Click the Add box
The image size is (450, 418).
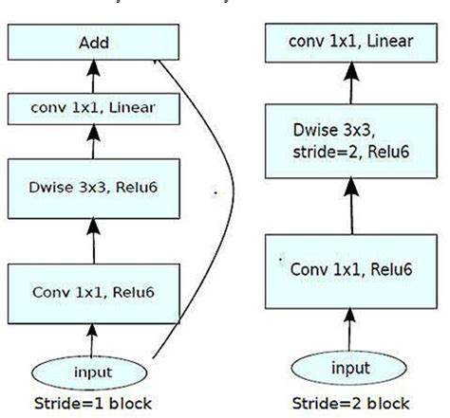[93, 44]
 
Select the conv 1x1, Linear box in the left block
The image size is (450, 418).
[93, 109]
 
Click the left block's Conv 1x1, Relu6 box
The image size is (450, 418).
[93, 292]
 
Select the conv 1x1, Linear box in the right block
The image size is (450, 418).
[350, 41]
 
